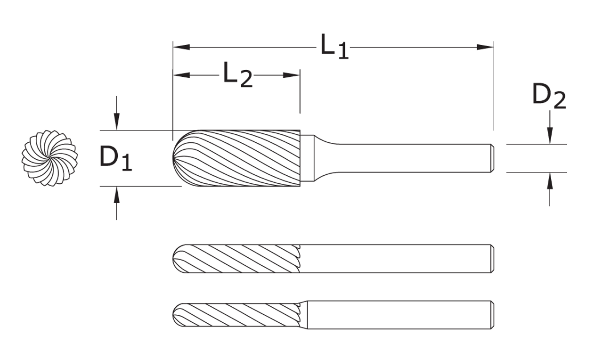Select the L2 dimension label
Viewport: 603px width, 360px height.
coord(237,75)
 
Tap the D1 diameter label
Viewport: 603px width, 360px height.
coord(116,158)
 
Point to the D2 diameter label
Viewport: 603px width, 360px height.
coord(549,97)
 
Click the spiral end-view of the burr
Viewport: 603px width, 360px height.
coord(49,158)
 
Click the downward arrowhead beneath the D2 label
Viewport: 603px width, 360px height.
coord(550,137)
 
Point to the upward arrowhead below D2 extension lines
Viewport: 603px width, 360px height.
coord(550,180)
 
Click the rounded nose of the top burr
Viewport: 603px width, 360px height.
coord(177,158)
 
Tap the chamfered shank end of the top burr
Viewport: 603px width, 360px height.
coord(491,158)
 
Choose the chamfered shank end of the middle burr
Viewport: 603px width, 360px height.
coord(491,259)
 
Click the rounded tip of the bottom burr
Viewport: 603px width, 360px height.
coord(175,315)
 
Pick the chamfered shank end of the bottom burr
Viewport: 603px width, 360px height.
coord(491,315)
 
